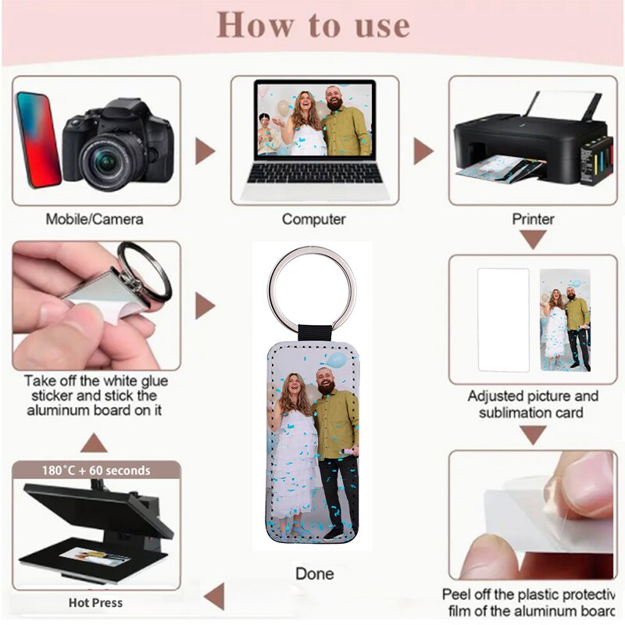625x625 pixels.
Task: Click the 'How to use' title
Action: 312,25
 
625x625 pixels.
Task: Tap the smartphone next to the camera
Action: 37,139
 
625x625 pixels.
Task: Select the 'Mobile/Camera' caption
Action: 95,219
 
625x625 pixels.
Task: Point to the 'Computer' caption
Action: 313,219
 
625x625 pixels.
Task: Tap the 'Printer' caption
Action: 533,219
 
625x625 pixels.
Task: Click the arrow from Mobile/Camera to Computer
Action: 204,151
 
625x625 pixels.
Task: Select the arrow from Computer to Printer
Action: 423,151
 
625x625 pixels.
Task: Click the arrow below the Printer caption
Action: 534,240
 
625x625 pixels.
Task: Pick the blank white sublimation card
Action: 502,320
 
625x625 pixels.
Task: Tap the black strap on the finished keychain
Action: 312,331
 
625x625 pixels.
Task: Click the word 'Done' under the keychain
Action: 314,574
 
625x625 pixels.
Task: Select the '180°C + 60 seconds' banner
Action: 96,470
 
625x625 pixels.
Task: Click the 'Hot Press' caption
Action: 95,603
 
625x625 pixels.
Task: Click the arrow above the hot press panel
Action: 94,444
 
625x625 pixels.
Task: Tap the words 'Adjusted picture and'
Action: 533,396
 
